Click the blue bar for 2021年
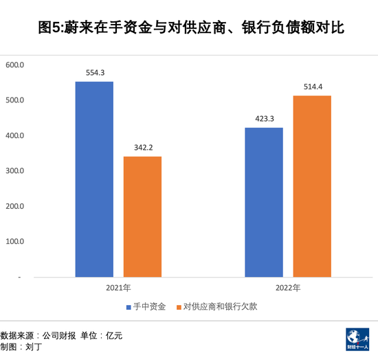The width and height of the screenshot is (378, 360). (x=94, y=179)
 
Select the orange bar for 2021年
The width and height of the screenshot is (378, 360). (x=142, y=216)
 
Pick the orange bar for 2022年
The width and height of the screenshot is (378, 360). (x=313, y=186)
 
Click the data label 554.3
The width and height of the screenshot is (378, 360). (x=94, y=72)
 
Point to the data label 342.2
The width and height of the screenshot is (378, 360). (x=142, y=147)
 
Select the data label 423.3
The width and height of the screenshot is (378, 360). (x=265, y=119)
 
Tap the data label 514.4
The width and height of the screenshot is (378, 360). (x=313, y=87)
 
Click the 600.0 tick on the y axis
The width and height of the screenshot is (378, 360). (x=14, y=65)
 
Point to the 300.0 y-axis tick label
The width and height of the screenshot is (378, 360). (x=14, y=171)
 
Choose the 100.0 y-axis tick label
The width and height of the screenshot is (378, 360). (x=14, y=242)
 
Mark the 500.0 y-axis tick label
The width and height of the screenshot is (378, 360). (x=14, y=100)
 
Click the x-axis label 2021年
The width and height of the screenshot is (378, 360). (x=118, y=289)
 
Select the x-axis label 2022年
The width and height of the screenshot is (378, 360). (x=289, y=289)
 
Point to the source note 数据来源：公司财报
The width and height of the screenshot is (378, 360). (x=38, y=336)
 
